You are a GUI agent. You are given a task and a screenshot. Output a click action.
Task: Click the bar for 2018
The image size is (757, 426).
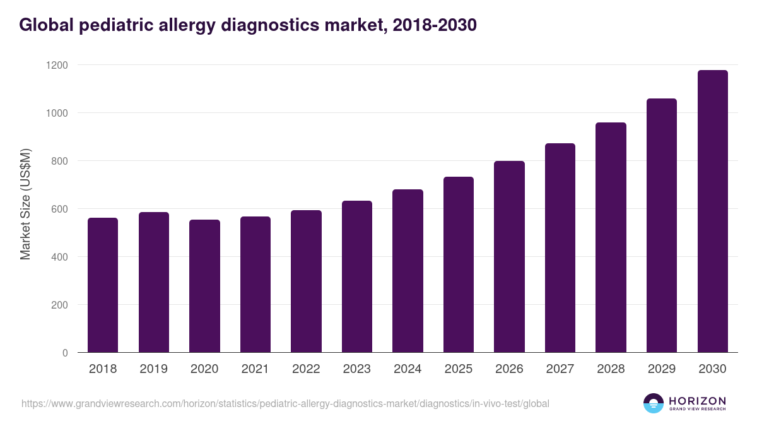[103, 285]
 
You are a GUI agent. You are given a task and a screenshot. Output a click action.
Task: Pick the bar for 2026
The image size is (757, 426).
[509, 257]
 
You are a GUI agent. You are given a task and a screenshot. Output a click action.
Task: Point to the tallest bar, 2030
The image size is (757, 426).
[712, 211]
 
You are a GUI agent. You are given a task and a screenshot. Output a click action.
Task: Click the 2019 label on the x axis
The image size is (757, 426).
[153, 369]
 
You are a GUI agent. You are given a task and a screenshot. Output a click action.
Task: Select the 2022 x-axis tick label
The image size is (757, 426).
[306, 369]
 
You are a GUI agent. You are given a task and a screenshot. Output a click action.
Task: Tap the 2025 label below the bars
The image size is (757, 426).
[458, 369]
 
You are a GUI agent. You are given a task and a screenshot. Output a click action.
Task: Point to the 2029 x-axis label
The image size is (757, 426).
[661, 369]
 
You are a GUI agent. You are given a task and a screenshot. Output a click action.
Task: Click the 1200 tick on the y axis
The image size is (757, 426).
[57, 65]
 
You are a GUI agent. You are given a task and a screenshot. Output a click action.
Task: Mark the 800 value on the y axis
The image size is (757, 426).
[60, 161]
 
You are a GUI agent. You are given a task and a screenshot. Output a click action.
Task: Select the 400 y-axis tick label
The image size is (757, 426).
[60, 257]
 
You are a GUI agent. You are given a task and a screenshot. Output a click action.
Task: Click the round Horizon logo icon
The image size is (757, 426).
[654, 403]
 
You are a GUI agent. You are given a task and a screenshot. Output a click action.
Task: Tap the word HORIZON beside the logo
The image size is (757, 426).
[697, 400]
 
